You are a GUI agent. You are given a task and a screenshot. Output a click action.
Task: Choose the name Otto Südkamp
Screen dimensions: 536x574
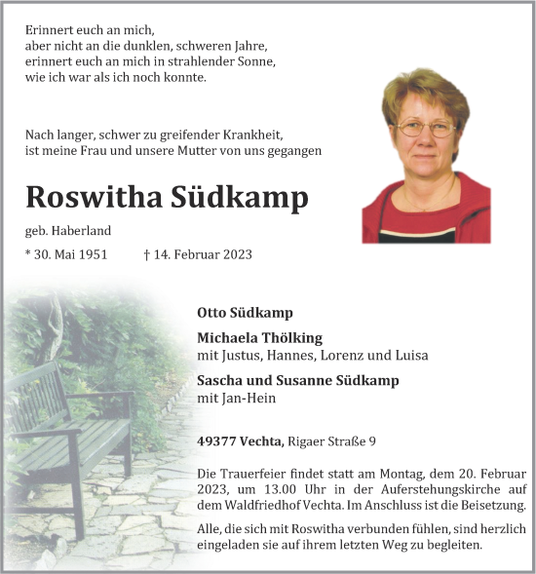[245, 313]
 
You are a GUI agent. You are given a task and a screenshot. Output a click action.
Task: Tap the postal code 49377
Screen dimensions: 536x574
[215, 442]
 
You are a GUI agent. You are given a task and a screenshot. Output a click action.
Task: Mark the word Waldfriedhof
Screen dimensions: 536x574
[262, 505]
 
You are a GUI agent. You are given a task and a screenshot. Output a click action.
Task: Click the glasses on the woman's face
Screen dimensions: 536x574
[426, 127]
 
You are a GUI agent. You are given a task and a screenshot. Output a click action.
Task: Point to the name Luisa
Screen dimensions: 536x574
[410, 356]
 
